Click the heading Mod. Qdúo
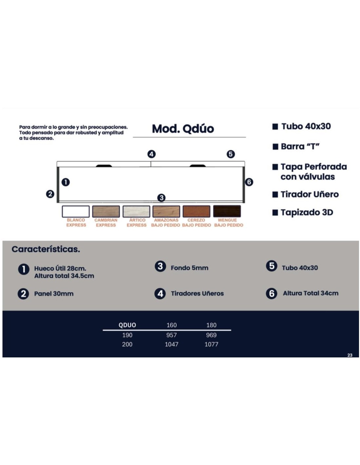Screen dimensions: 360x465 coord(183,129)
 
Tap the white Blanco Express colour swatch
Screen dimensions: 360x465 coord(76,211)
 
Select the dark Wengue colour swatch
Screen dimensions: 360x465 coord(227,211)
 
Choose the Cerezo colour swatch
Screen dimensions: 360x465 coord(196,211)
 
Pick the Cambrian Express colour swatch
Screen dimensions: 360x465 coord(106,211)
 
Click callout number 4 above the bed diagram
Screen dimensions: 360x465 coord(152,154)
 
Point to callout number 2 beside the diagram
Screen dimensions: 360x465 coord(50,194)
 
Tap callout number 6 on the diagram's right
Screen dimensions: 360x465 coord(249,182)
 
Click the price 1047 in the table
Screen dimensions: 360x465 coord(171,344)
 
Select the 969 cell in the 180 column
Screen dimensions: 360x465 coord(211,335)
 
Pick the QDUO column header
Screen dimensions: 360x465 coord(127,325)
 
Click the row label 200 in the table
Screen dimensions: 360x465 coord(127,344)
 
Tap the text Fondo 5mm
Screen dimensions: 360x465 coord(189,268)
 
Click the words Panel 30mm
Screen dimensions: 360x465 coord(54,293)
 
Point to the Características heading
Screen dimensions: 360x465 coord(46,249)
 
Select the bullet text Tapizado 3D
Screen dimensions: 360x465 coord(307,212)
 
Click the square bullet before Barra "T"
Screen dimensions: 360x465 coord(275,146)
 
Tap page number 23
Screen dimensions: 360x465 coord(350,355)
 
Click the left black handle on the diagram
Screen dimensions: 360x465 coord(104,166)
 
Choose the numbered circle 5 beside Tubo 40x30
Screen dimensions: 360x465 coord(271,266)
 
